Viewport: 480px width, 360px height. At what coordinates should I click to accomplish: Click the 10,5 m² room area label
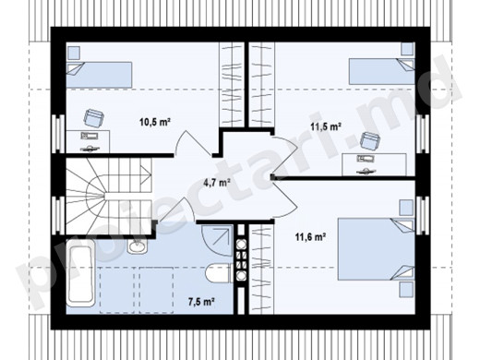pyautogui.click(x=155, y=122)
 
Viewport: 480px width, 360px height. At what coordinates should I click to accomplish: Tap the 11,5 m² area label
pyautogui.click(x=325, y=126)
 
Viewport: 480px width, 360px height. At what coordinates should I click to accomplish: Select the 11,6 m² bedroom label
pyautogui.click(x=311, y=237)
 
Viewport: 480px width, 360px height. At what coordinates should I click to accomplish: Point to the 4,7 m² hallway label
pyautogui.click(x=217, y=183)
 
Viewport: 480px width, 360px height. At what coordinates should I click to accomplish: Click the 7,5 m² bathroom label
pyautogui.click(x=201, y=302)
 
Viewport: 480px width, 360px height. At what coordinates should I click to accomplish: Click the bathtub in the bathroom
pyautogui.click(x=81, y=273)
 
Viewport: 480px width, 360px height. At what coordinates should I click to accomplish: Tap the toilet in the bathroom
pyautogui.click(x=219, y=273)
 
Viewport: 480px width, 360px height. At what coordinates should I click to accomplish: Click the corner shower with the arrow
pyautogui.click(x=217, y=241)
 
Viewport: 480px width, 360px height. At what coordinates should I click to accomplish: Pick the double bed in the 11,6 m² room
pyautogui.click(x=376, y=249)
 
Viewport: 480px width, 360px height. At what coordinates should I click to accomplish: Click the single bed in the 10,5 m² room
pyautogui.click(x=100, y=75)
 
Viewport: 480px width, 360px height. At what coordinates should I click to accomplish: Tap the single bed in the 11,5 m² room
pyautogui.click(x=381, y=71)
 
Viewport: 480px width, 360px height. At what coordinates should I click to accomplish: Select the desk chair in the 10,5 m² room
pyautogui.click(x=93, y=117)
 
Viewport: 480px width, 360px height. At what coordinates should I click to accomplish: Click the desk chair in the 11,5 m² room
pyautogui.click(x=370, y=141)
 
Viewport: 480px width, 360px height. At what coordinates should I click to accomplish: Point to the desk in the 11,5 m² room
pyautogui.click(x=374, y=165)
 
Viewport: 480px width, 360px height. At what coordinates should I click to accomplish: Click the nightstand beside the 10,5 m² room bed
pyautogui.click(x=74, y=53)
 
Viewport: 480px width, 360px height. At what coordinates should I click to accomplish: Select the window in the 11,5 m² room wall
pyautogui.click(x=422, y=134)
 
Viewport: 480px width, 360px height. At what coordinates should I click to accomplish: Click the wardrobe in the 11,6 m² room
pyautogui.click(x=261, y=270)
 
